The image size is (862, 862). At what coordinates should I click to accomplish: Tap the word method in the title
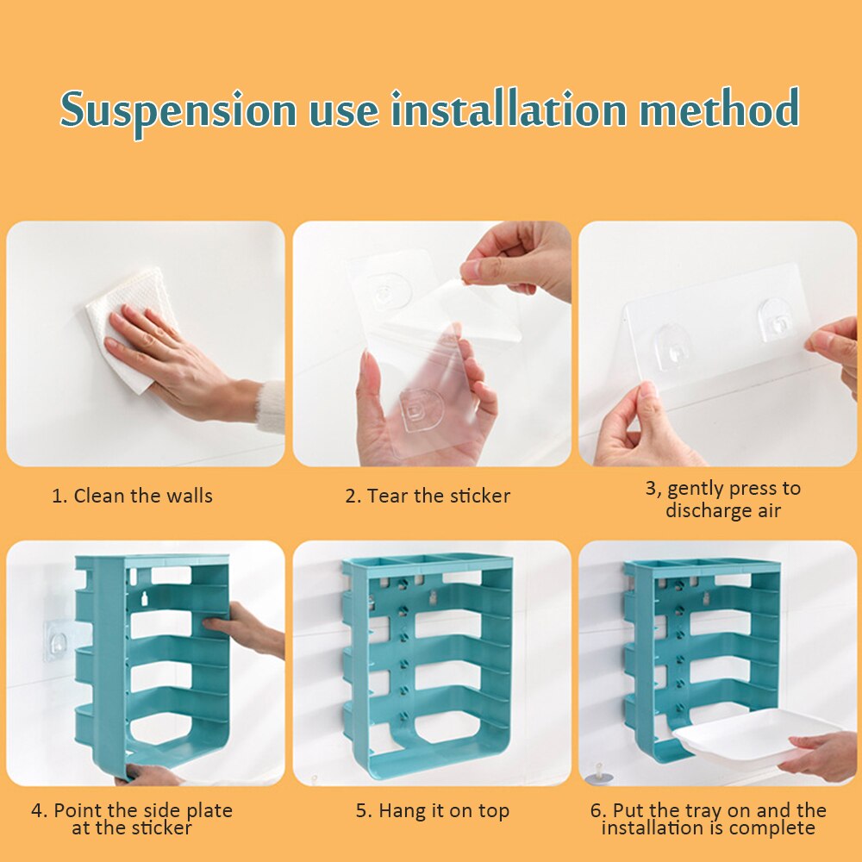[x=719, y=108]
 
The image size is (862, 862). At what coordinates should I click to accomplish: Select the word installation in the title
[x=509, y=109]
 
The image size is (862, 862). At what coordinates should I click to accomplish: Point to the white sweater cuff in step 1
[x=270, y=407]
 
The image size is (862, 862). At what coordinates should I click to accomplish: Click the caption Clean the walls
[x=132, y=496]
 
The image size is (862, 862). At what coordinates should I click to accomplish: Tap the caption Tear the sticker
[x=428, y=496]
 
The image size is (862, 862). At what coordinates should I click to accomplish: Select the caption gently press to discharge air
[x=723, y=499]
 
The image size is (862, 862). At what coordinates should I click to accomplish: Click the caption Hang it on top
[x=433, y=811]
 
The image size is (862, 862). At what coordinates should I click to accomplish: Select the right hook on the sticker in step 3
[x=775, y=318]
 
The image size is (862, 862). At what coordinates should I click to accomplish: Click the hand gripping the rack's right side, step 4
[x=247, y=629]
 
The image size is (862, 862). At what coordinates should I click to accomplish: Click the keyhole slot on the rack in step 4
[x=145, y=599]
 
